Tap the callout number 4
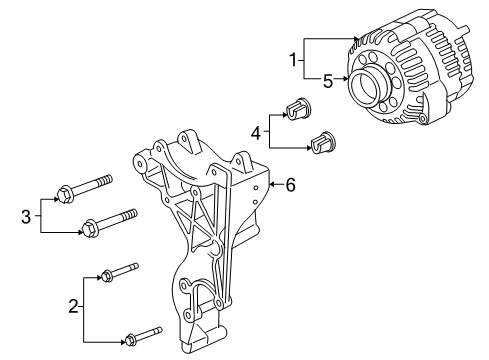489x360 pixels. (x=256, y=130)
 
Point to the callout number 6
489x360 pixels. (x=290, y=184)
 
